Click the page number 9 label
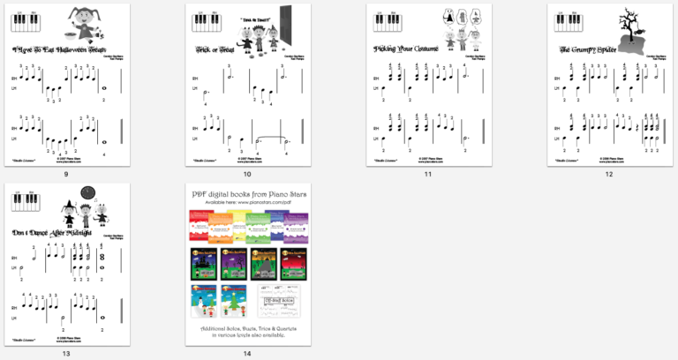coord(66,174)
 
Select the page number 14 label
coord(247,354)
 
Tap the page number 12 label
coord(608,174)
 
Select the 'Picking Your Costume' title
coord(408,49)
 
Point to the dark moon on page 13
coord(87,192)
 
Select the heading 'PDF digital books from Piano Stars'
coord(246,192)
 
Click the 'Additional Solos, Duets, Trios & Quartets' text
coord(246,328)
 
